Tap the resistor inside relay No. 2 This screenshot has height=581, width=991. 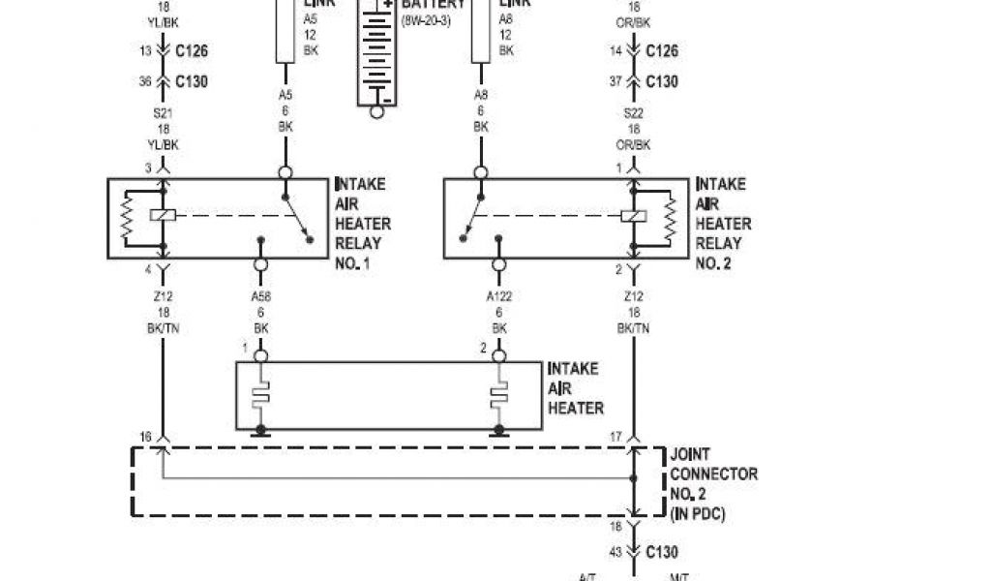point(667,216)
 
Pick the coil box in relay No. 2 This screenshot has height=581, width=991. point(633,216)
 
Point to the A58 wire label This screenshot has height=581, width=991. point(259,297)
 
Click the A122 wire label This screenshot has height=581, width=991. point(499,297)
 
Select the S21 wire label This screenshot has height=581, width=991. point(162,114)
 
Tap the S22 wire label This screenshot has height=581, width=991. point(634,114)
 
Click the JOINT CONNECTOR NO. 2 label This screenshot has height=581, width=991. point(713,482)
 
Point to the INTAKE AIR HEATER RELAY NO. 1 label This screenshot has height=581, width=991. point(362,223)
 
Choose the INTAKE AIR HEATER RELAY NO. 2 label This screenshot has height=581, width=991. point(723,223)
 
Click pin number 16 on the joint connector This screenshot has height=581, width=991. point(145,438)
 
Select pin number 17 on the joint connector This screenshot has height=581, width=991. point(616,438)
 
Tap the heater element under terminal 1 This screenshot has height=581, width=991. point(259,395)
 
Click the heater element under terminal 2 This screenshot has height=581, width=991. point(499,395)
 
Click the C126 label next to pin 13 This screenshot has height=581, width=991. point(192,50)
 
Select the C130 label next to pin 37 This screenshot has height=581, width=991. point(662,81)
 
